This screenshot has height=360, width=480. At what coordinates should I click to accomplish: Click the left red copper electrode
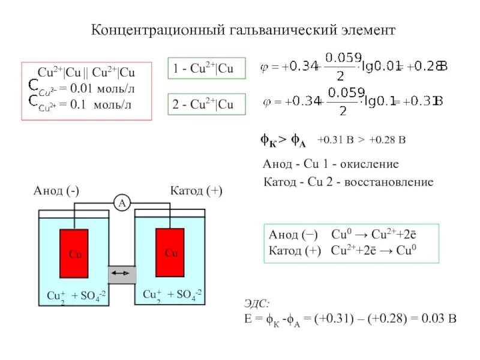(74, 254)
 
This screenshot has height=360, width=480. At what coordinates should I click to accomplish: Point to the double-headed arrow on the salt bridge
(122, 274)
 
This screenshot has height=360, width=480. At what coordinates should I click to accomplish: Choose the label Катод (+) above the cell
(196, 191)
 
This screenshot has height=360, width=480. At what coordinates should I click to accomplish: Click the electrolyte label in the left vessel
(77, 295)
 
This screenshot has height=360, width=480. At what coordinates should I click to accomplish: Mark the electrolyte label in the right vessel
(172, 294)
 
